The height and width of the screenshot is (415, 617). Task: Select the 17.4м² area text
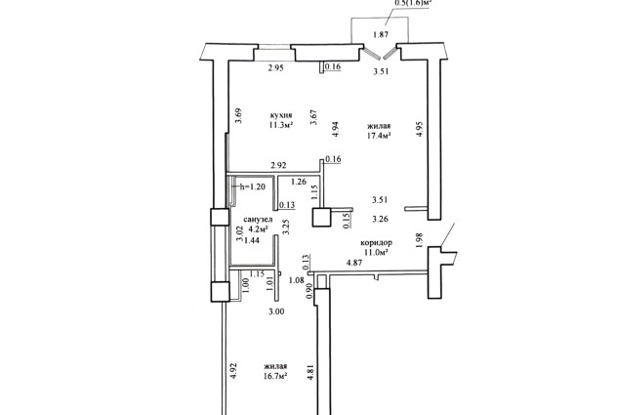pos(380,137)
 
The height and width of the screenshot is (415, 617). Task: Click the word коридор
pos(376,242)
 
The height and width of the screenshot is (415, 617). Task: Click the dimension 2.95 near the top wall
pos(279,68)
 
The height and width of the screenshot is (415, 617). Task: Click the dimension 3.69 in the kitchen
pos(238,118)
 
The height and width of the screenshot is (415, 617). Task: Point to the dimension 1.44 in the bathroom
pos(251,239)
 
